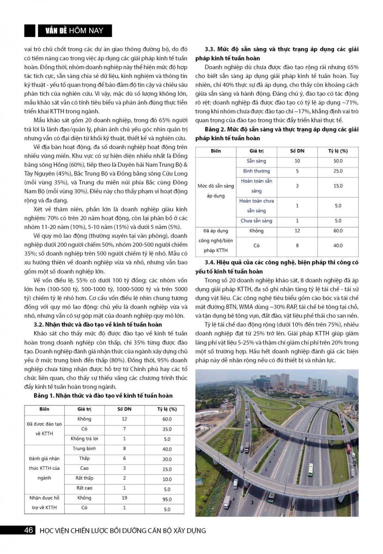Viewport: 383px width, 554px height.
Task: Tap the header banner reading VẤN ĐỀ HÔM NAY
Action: coord(74,31)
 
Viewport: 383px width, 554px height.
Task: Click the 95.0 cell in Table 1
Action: coord(167,499)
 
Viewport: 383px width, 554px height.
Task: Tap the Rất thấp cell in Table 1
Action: coord(85,478)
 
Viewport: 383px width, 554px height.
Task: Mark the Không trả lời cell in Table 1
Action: coord(85,439)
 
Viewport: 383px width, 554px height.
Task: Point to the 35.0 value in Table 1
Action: coord(167,429)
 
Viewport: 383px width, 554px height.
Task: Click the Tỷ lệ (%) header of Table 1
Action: coord(167,409)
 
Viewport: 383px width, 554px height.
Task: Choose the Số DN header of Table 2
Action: coord(297,151)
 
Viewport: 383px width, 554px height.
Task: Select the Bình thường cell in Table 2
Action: coord(256,171)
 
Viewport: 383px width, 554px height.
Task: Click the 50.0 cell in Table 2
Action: coord(338,161)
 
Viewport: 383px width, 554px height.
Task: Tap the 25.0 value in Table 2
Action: coord(338,171)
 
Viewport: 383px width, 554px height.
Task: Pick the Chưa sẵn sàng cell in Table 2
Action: coord(256,221)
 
